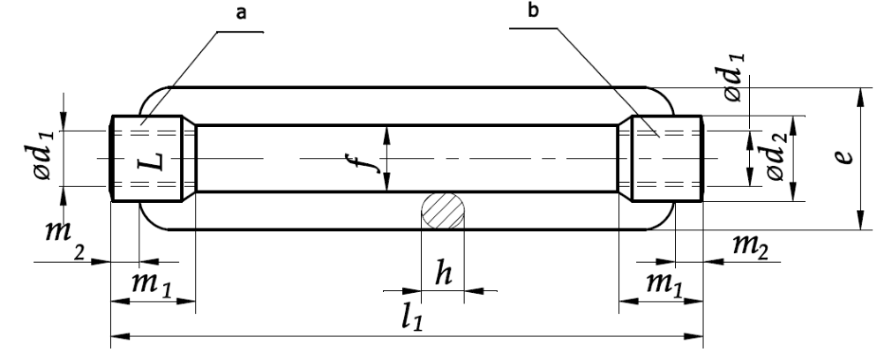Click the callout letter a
[x=241, y=13]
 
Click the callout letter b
[x=533, y=11]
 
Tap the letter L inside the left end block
[x=151, y=160]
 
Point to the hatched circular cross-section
[x=442, y=211]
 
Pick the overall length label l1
[x=412, y=317]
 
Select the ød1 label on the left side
[x=43, y=154]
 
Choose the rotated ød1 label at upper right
[x=734, y=77]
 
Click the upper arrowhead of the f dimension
[x=386, y=135]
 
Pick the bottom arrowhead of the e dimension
[x=860, y=221]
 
